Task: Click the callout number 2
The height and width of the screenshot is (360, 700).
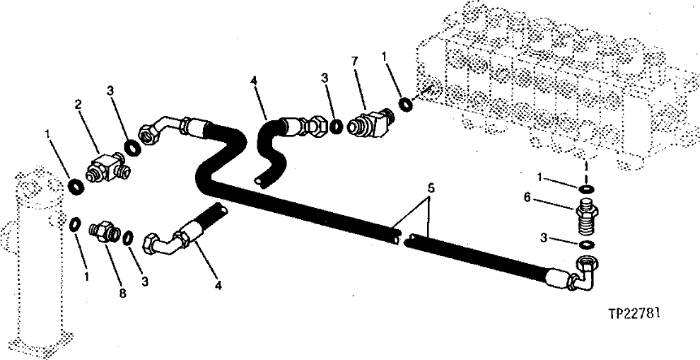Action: (78, 105)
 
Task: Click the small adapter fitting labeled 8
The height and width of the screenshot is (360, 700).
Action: (103, 230)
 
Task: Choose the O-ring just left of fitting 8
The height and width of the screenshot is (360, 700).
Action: (73, 225)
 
